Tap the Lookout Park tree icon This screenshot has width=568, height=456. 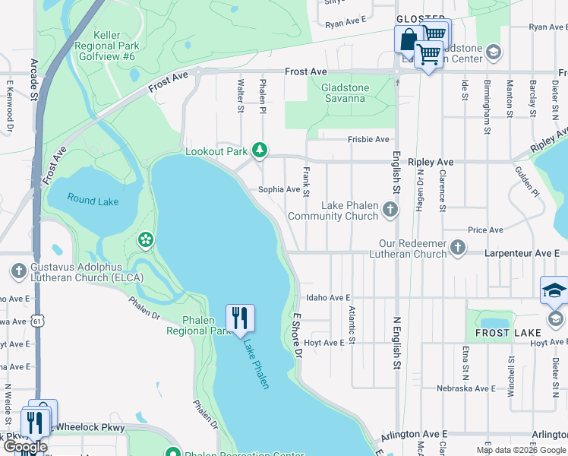(260, 150)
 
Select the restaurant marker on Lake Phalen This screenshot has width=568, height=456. (241, 318)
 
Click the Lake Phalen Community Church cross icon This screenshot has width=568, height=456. (390, 208)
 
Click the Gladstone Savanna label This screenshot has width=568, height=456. (346, 93)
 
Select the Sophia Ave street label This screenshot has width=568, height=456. (279, 189)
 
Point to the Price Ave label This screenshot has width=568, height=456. (486, 230)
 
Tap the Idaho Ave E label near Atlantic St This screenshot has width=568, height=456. (327, 298)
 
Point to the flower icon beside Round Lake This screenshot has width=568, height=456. (144, 240)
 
